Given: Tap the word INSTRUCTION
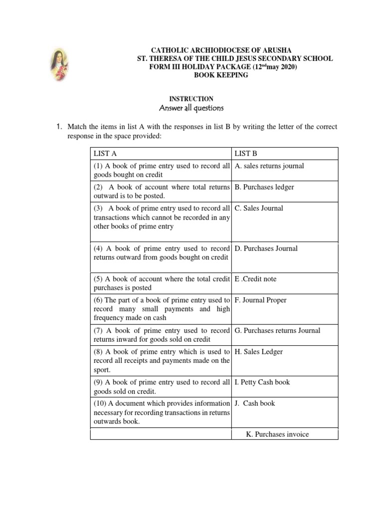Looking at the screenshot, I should (x=191, y=99).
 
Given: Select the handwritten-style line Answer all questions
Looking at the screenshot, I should (x=191, y=108).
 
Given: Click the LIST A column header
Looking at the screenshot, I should (x=105, y=154).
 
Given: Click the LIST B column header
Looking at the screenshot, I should (x=246, y=154).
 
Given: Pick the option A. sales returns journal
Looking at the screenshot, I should (x=269, y=166).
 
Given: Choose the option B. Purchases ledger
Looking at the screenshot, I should (x=264, y=187).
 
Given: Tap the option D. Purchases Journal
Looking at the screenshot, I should (x=266, y=249).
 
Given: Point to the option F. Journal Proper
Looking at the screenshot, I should (x=260, y=300).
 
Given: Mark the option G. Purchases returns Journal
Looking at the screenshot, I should (x=277, y=330).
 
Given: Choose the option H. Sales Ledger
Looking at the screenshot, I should (x=258, y=352).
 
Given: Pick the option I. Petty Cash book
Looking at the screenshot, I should (x=262, y=382).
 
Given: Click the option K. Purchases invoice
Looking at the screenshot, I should (x=277, y=434).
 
